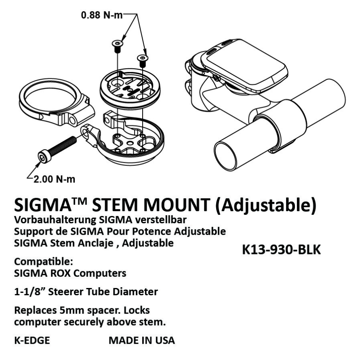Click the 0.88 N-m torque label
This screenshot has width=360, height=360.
click(102, 15)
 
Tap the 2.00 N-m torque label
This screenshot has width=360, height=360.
click(55, 179)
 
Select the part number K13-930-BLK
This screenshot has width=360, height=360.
click(281, 250)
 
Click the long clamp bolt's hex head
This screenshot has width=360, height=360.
click(44, 157)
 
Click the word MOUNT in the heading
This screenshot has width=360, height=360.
click(177, 204)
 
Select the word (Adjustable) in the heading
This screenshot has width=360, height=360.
click(265, 205)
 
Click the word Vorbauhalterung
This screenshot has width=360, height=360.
click(55, 220)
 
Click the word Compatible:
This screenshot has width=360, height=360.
click(44, 262)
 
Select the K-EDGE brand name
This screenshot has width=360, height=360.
click(32, 341)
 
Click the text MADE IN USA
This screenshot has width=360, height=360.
click(142, 341)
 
